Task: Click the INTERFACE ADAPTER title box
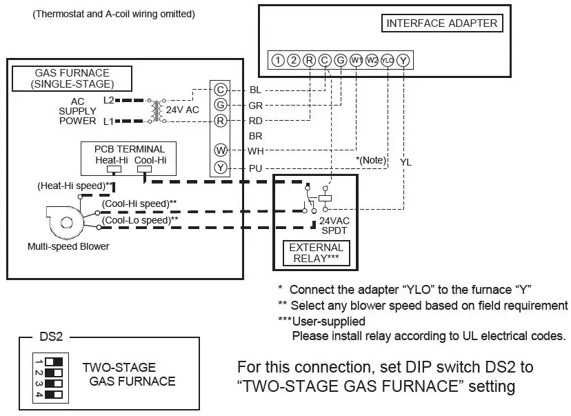tap(441, 23)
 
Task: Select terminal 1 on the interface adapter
tap(277, 60)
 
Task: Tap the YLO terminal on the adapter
tap(388, 60)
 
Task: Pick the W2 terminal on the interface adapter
tap(372, 60)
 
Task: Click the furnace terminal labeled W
tap(220, 150)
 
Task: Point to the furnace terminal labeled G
tap(220, 106)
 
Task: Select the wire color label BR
tap(255, 137)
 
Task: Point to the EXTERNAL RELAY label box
tap(316, 253)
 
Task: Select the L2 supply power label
tap(109, 100)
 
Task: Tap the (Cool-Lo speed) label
tap(139, 220)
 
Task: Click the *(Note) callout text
tap(370, 159)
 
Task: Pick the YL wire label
tap(405, 161)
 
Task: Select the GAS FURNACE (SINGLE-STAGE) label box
tap(72, 79)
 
